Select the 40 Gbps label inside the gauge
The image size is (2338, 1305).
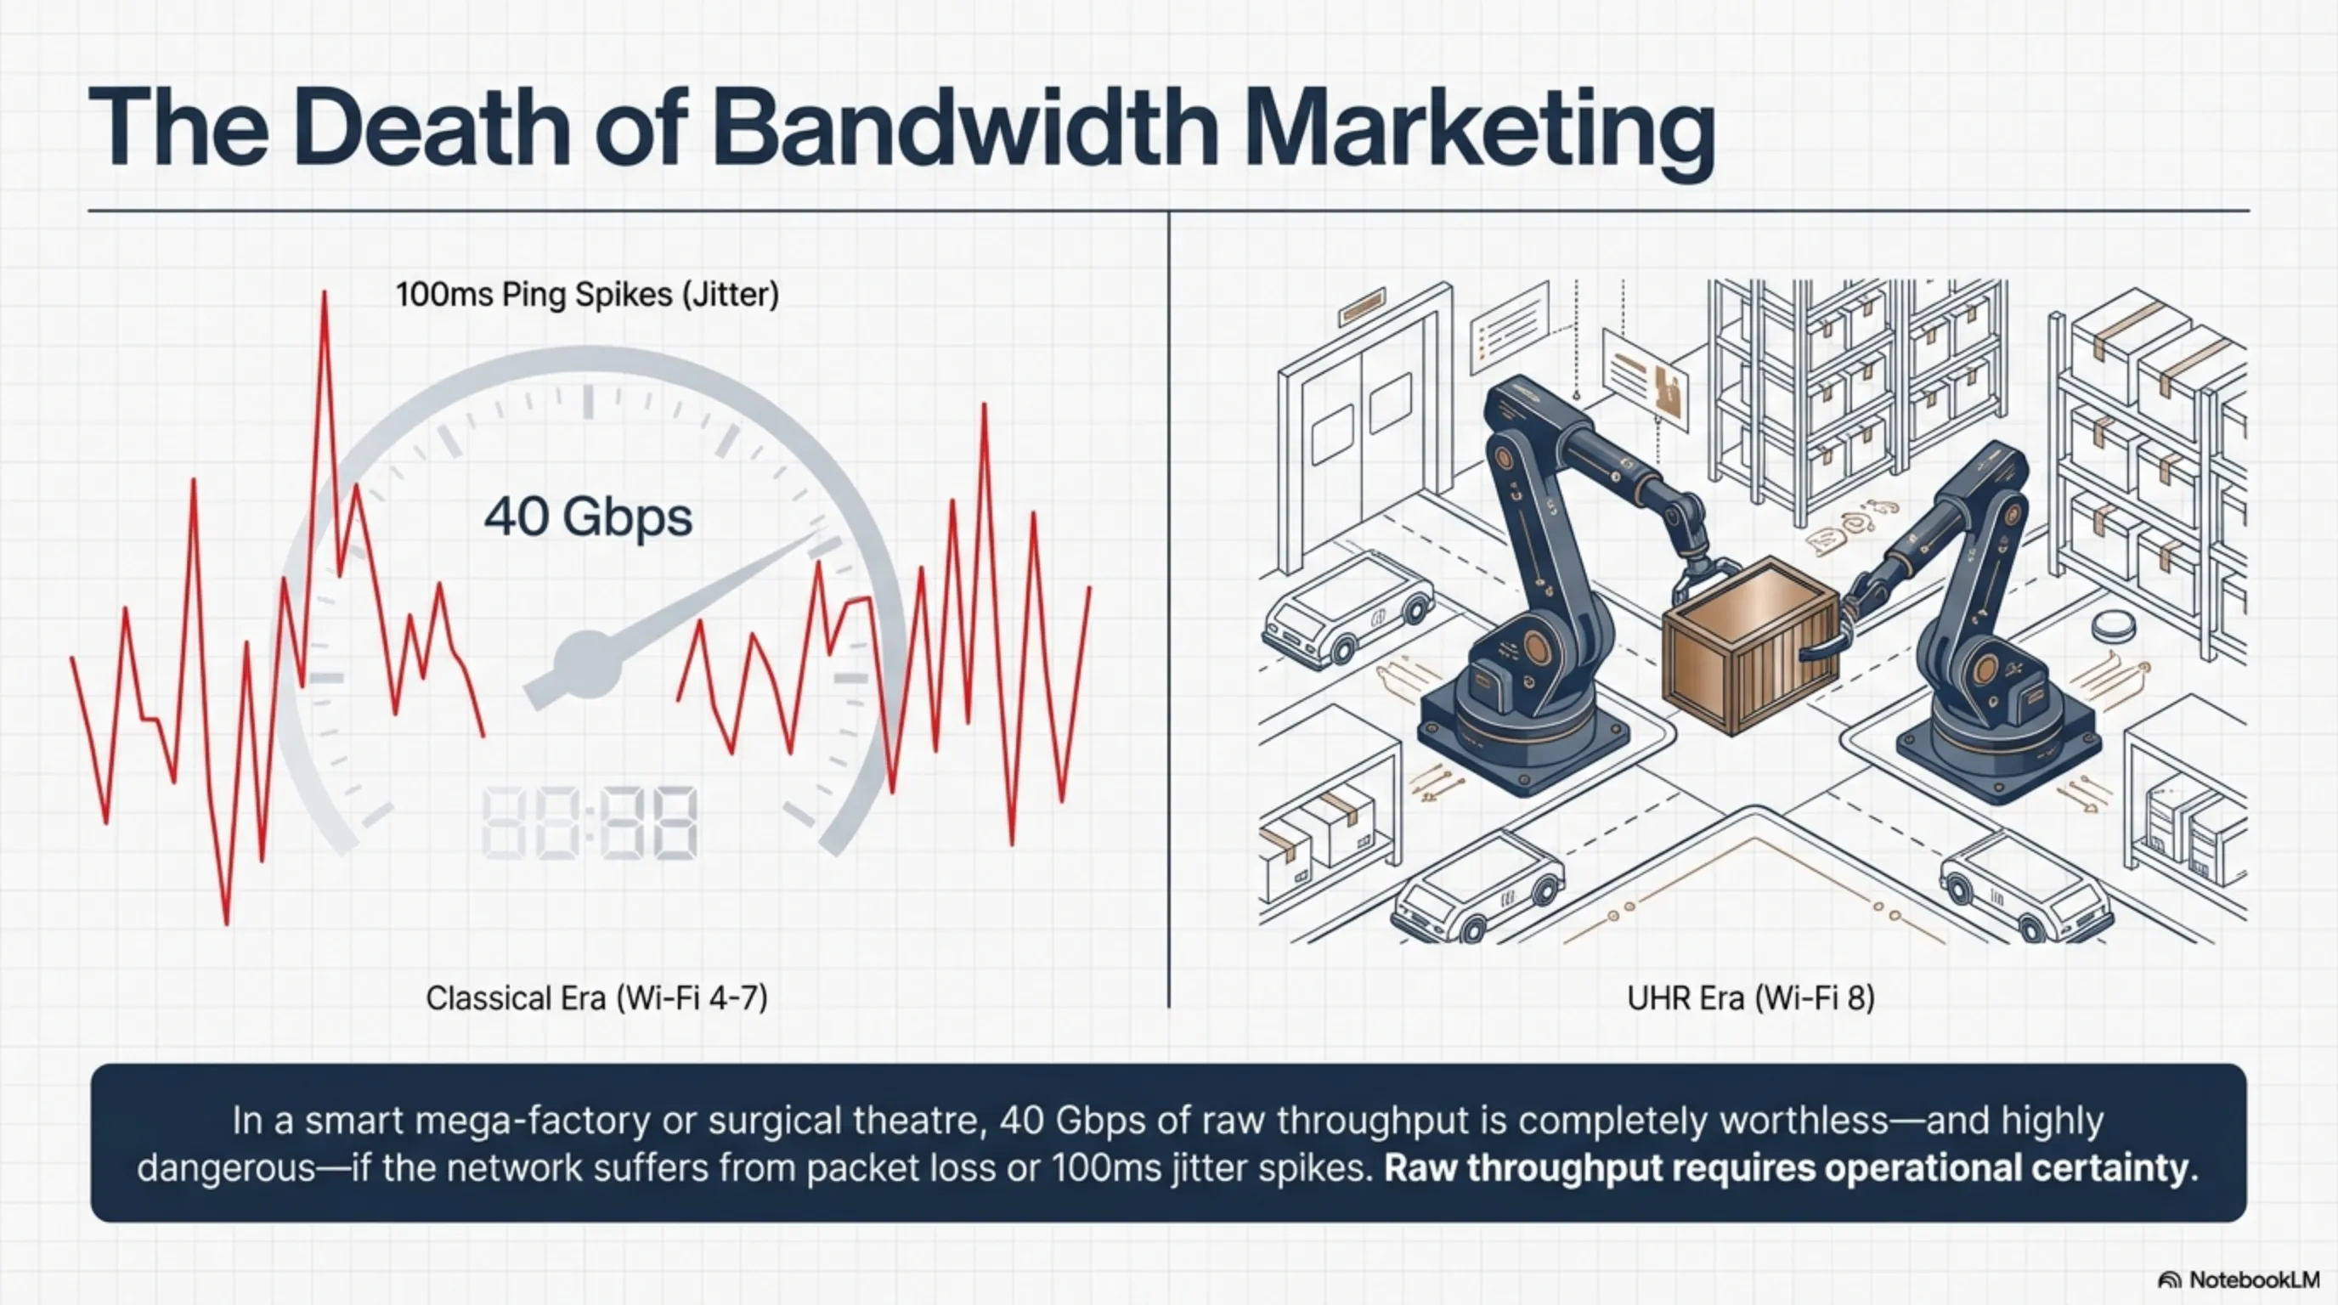[588, 517]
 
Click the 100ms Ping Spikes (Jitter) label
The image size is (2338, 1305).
[587, 295]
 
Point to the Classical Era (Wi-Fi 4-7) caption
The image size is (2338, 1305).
[596, 998]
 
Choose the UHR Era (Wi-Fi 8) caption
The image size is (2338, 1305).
[1751, 998]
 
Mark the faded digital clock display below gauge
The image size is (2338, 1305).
[589, 823]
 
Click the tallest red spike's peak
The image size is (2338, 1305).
[324, 293]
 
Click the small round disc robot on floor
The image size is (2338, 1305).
[2112, 626]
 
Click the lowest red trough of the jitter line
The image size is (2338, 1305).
[226, 923]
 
